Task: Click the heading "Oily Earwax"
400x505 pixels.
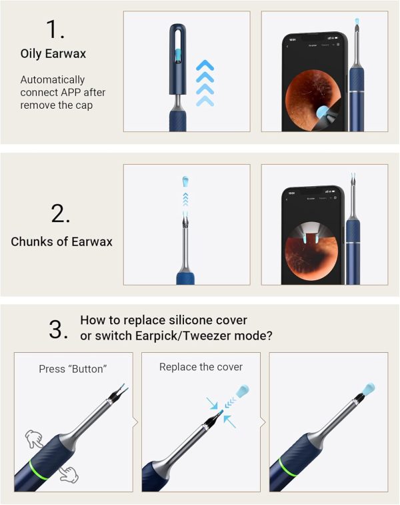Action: coord(53,53)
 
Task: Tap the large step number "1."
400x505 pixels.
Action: coord(55,29)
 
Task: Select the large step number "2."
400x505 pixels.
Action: coord(61,213)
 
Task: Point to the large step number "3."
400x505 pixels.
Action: coord(59,329)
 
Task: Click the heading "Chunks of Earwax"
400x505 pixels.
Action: coord(61,241)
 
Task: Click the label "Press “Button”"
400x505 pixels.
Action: coord(73,369)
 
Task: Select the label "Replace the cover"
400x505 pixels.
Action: coord(201,367)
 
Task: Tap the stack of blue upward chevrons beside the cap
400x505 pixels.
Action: coord(205,83)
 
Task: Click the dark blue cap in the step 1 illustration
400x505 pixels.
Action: coord(177,59)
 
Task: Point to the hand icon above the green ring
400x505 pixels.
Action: coord(34,438)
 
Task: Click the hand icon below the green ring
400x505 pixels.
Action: coord(69,475)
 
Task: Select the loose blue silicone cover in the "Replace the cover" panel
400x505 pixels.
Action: coord(243,391)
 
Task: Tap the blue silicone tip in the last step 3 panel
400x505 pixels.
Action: coord(367,389)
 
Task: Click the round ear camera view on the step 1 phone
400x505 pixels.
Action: coord(313,100)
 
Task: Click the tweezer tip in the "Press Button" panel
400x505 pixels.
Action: coord(121,391)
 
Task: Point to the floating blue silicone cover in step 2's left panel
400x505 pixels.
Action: coord(185,181)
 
